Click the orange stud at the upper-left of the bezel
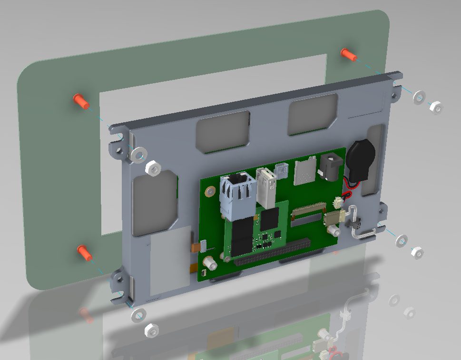(x=80, y=101)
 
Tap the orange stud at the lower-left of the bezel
(x=85, y=252)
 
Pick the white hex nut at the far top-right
(x=436, y=108)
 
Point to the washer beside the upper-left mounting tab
(x=138, y=154)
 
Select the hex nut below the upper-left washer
(x=152, y=168)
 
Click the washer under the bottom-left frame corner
(x=138, y=315)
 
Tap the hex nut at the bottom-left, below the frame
(x=151, y=330)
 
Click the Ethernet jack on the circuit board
(x=235, y=195)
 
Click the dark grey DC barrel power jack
(x=332, y=166)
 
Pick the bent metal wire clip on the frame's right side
(x=361, y=224)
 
